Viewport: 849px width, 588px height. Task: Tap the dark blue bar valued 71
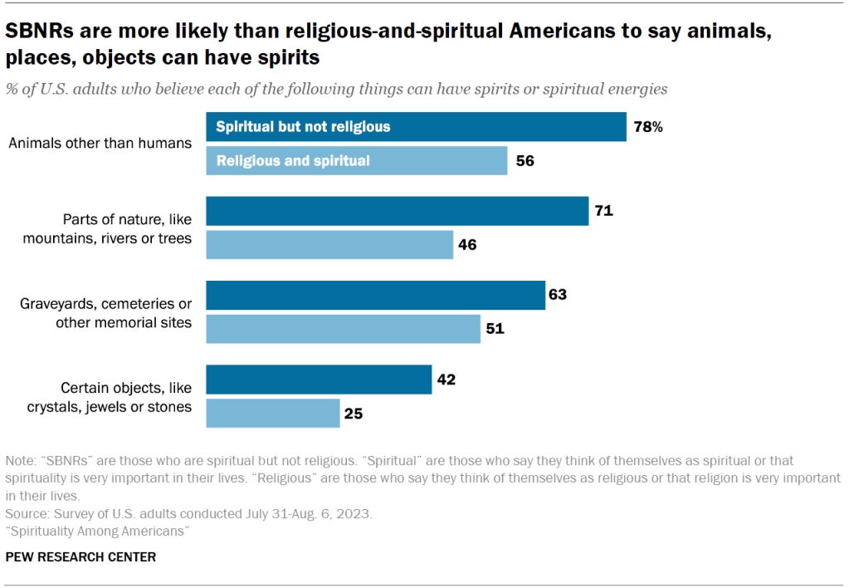click(397, 211)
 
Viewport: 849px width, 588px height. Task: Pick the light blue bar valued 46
click(329, 244)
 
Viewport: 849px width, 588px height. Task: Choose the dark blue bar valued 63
click(375, 295)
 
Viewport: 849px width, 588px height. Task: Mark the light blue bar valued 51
click(343, 328)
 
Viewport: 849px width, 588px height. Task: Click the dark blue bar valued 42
click(319, 379)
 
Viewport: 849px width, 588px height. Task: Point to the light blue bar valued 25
click(273, 413)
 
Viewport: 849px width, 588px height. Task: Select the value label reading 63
click(558, 295)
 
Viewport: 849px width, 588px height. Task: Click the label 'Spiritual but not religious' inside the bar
click(303, 127)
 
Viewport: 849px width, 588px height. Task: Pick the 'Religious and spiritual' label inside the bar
click(293, 160)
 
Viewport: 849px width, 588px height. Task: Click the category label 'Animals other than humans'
click(100, 143)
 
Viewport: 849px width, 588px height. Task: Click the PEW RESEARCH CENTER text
click(81, 556)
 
